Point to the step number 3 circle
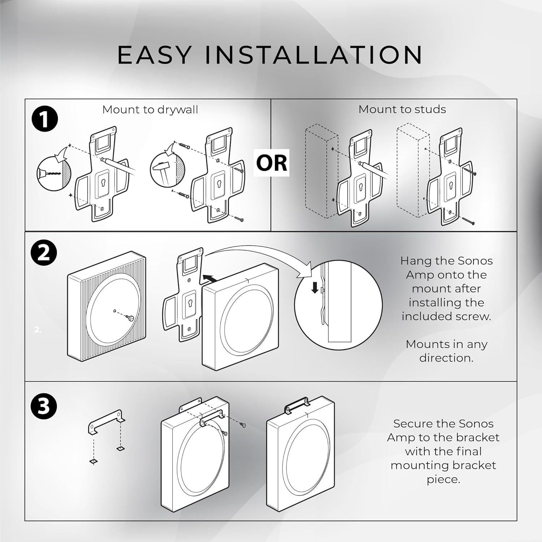[44, 406]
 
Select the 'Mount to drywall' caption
[150, 109]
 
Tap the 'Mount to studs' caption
[402, 109]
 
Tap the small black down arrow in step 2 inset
[315, 288]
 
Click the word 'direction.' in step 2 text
[446, 358]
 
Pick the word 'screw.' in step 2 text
[473, 316]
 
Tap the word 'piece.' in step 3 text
[443, 479]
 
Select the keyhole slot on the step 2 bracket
[189, 301]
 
